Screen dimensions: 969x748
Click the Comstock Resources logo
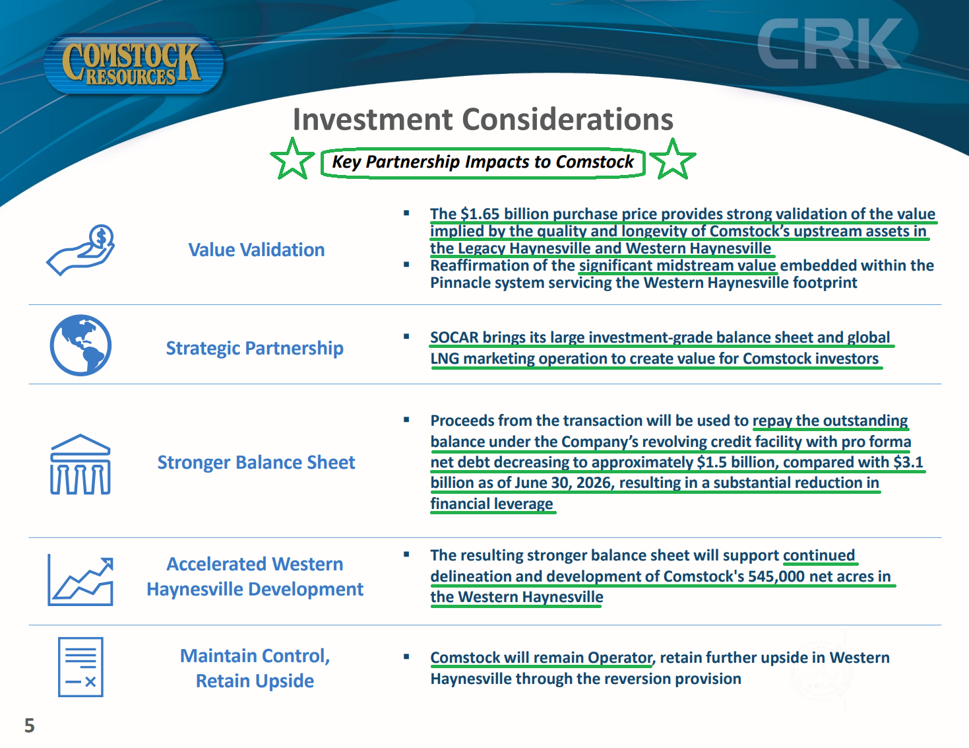133,63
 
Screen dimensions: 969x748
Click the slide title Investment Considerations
483,119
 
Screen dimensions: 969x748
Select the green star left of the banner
292,159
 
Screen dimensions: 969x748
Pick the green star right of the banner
672,159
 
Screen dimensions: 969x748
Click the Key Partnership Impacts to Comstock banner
483,162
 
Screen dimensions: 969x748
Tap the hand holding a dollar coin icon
80,250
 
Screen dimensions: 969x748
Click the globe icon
80,345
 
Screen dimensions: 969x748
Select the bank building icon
80,464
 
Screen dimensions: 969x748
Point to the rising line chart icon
80,580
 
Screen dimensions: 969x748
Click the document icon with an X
80,667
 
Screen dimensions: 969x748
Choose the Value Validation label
257,250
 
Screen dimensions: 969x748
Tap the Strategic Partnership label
255,348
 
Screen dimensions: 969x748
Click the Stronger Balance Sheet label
257,462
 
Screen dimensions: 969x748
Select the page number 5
30,726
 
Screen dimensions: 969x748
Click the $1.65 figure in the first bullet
480,214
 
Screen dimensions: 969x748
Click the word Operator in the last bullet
620,658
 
